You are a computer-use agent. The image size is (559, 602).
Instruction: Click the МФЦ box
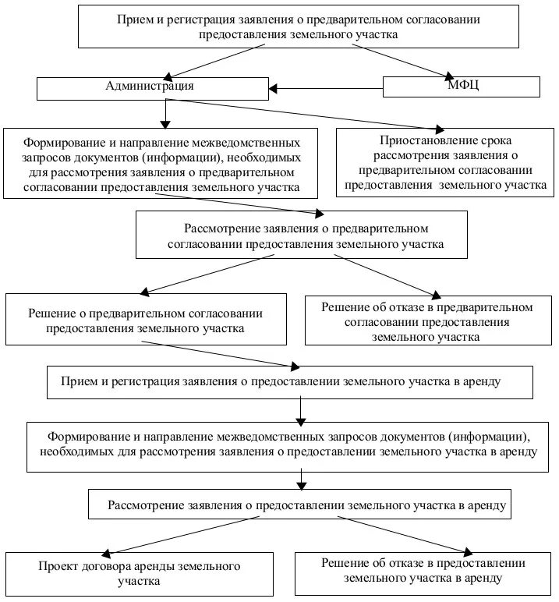tap(461, 87)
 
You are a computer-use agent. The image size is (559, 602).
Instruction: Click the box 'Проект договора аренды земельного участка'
tap(140, 573)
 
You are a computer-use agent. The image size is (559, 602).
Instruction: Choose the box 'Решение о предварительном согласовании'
tap(146, 320)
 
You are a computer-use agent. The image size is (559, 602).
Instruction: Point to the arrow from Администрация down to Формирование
tap(165, 114)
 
